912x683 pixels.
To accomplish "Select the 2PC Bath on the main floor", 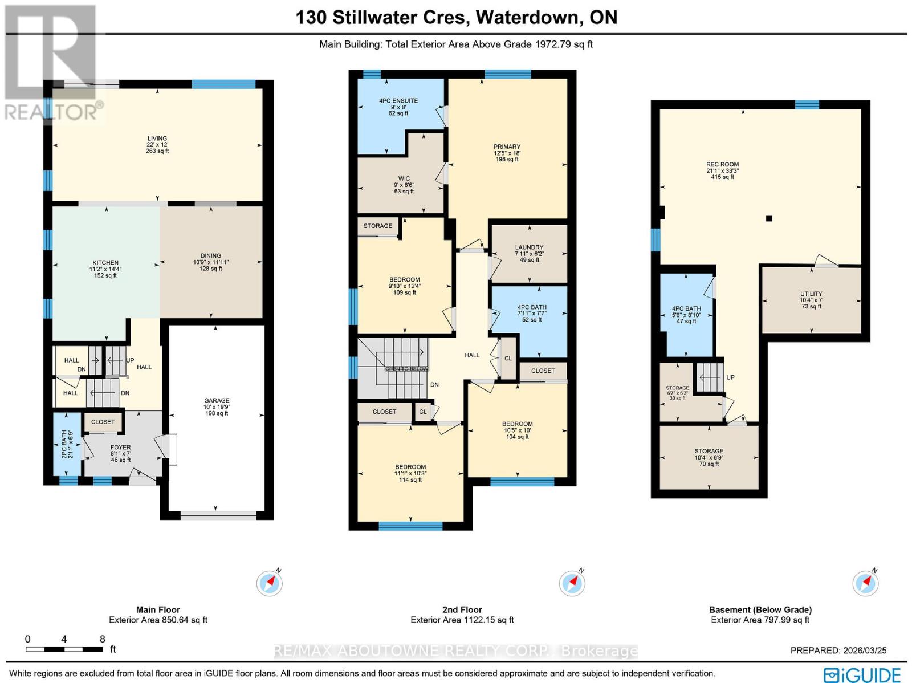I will click(x=67, y=444).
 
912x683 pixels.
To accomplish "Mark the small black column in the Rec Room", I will click(x=769, y=218).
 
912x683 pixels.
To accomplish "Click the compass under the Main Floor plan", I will click(x=269, y=583).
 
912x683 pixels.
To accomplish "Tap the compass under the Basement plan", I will click(x=865, y=583).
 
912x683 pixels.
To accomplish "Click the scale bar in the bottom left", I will click(x=64, y=649).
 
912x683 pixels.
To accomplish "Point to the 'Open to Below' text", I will click(x=406, y=369).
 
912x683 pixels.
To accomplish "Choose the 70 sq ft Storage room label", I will click(x=709, y=457).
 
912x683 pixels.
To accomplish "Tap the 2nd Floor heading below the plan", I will click(x=462, y=609).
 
